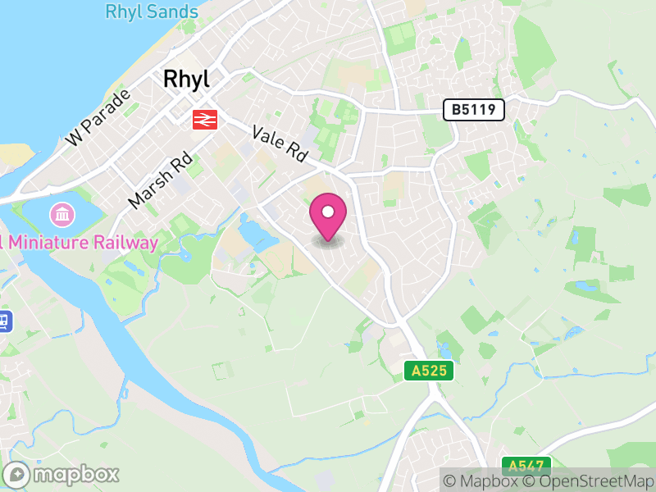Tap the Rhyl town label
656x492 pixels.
(186, 79)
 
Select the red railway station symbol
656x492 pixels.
(204, 120)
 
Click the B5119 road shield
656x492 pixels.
(473, 110)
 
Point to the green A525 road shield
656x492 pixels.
(429, 371)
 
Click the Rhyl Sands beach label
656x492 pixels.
(152, 12)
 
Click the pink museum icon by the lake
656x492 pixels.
(61, 216)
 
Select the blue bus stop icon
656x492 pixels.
(3, 321)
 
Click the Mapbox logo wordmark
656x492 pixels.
(75, 474)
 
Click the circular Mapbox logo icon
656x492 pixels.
(17, 475)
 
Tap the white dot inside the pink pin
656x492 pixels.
(328, 212)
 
